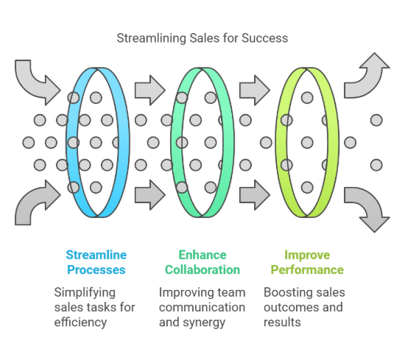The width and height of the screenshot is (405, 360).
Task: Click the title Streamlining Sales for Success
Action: [x=202, y=38]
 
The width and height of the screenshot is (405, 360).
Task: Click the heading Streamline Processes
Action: [x=96, y=262]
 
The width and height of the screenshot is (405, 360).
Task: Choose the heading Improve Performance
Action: [x=306, y=262]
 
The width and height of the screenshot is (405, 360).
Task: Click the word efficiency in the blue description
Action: [x=81, y=322]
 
